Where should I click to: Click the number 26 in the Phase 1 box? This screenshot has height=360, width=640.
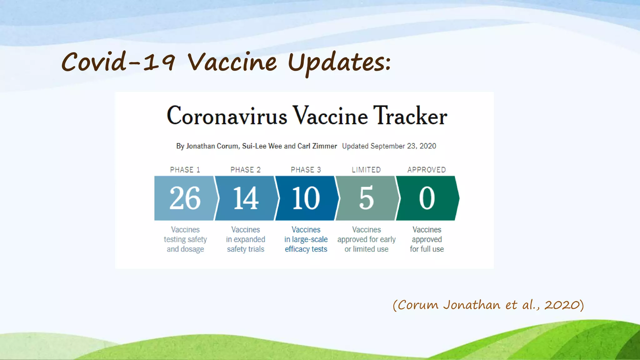pyautogui.click(x=185, y=198)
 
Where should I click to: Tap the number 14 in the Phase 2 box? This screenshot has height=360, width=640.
pyautogui.click(x=246, y=198)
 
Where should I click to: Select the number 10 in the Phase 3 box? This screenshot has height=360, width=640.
pyautogui.click(x=306, y=198)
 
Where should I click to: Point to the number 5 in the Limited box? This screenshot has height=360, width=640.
pyautogui.click(x=366, y=198)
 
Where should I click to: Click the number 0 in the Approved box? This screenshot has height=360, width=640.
pyautogui.click(x=427, y=198)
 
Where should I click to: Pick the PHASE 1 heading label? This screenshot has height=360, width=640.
pyautogui.click(x=185, y=170)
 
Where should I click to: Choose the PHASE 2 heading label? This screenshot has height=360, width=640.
pyautogui.click(x=245, y=170)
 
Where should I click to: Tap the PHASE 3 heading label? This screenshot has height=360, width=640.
pyautogui.click(x=306, y=170)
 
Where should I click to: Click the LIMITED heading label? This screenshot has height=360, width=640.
pyautogui.click(x=366, y=170)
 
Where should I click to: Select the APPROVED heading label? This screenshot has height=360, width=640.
pyautogui.click(x=427, y=170)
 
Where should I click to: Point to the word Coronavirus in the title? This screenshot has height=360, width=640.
pyautogui.click(x=227, y=116)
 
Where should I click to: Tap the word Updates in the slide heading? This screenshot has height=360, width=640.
pyautogui.click(x=339, y=62)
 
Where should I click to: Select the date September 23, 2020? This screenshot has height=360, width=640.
pyautogui.click(x=403, y=146)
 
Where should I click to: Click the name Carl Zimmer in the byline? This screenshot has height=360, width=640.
pyautogui.click(x=317, y=146)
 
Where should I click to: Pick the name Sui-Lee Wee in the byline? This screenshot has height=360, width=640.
pyautogui.click(x=262, y=146)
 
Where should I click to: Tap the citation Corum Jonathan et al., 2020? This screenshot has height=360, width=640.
pyautogui.click(x=488, y=305)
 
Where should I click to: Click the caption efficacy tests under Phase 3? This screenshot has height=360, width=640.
pyautogui.click(x=306, y=249)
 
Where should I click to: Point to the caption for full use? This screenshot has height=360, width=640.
pyautogui.click(x=427, y=249)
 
